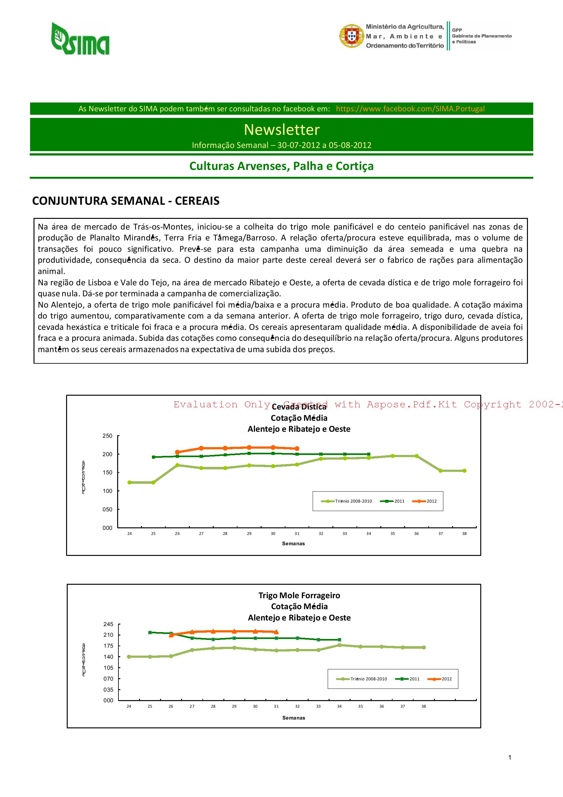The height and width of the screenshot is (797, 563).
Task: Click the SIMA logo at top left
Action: tap(81, 39)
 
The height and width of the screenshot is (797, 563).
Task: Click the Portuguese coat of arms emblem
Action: tap(351, 36)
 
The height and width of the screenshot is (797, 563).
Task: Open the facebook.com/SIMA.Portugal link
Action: tap(410, 109)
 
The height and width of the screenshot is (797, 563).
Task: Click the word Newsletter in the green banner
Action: tap(281, 129)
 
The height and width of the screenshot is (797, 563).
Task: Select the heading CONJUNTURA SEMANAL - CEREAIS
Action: tap(126, 201)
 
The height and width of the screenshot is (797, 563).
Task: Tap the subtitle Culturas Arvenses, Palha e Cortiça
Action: tap(281, 166)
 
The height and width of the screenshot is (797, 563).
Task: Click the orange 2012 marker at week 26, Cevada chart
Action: tap(177, 452)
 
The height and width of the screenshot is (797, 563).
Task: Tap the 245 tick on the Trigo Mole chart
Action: tap(108, 624)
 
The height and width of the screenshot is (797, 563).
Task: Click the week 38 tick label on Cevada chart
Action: tap(464, 534)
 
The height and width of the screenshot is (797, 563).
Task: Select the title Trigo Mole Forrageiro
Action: tap(299, 595)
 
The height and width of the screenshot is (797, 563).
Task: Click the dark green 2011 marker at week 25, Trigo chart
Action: tap(150, 632)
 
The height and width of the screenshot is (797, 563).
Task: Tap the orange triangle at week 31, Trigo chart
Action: tap(276, 632)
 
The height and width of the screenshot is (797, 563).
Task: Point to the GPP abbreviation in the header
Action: tap(457, 30)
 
